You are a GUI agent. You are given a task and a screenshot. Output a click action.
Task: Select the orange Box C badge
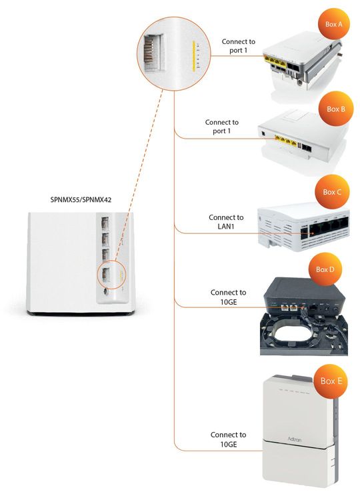click(331, 192)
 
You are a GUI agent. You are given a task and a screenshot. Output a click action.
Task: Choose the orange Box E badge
click(331, 381)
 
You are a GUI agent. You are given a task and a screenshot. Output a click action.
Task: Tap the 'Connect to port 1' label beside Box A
click(238, 46)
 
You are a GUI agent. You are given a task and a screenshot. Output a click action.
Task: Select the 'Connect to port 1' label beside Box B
click(221, 127)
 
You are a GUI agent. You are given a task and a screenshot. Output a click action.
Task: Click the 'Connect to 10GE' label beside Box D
click(228, 297)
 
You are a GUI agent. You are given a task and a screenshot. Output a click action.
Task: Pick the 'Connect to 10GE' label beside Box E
click(228, 439)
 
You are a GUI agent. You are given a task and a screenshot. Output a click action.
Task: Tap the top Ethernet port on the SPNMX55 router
click(105, 222)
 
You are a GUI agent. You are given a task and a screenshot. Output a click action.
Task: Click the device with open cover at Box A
click(300, 63)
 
